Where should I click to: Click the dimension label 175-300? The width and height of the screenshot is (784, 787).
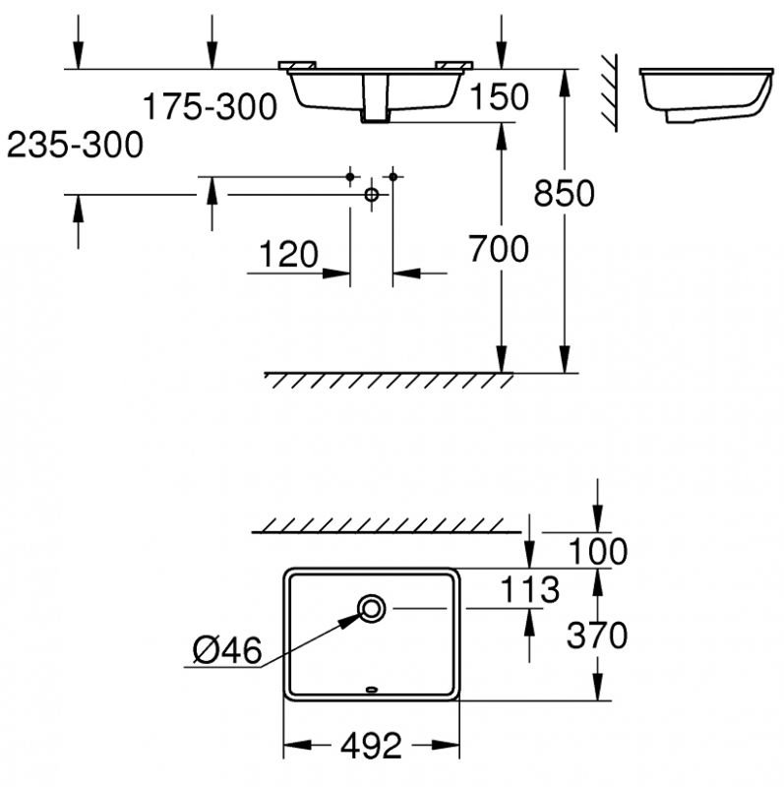coord(210,106)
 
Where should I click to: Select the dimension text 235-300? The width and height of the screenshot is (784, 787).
coord(76,145)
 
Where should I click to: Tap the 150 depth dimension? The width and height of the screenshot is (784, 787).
coord(499,96)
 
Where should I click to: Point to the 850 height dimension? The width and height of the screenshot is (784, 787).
coord(565,193)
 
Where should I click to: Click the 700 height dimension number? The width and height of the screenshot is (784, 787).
coord(499,249)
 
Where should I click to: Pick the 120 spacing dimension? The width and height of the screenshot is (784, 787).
coord(288,254)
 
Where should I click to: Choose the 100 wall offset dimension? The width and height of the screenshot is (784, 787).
coord(597,551)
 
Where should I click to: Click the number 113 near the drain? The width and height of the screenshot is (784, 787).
coord(530,589)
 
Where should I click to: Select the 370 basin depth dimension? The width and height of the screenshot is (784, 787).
coord(597,635)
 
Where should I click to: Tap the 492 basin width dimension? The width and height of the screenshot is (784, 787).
coord(372,747)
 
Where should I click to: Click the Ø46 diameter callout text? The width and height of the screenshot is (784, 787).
coord(227,650)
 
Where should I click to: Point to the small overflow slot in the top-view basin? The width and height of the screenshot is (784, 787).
coord(372,690)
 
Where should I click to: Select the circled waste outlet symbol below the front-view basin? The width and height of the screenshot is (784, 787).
coord(372,194)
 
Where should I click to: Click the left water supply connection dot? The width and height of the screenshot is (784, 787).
coord(350,177)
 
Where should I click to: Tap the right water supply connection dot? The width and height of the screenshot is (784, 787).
coord(393,177)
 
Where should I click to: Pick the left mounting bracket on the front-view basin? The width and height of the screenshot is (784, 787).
coord(297,65)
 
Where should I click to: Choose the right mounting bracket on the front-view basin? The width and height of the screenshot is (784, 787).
coord(454,65)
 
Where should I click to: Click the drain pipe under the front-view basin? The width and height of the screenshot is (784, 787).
coord(376,98)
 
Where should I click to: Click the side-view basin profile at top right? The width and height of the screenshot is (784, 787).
coord(706,94)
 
